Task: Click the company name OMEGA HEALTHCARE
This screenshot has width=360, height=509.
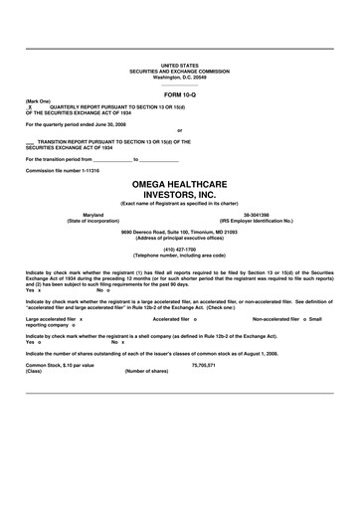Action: pos(179,185)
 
